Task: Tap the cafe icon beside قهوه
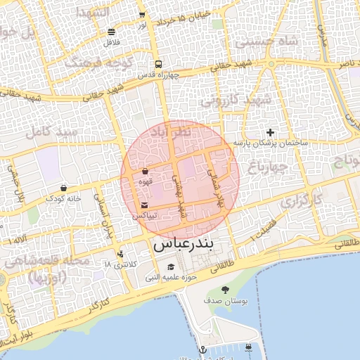145,171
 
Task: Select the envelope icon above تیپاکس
144,205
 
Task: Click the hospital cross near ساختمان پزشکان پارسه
271,133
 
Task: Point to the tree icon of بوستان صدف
225,290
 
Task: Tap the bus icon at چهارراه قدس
158,63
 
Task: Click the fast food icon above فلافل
112,32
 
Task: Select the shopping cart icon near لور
143,14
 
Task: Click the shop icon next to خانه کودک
64,188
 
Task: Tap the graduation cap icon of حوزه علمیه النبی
171,267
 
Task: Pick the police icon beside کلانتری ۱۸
120,254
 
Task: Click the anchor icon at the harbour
202,349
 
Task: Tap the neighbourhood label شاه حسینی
267,41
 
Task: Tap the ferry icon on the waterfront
249,347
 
